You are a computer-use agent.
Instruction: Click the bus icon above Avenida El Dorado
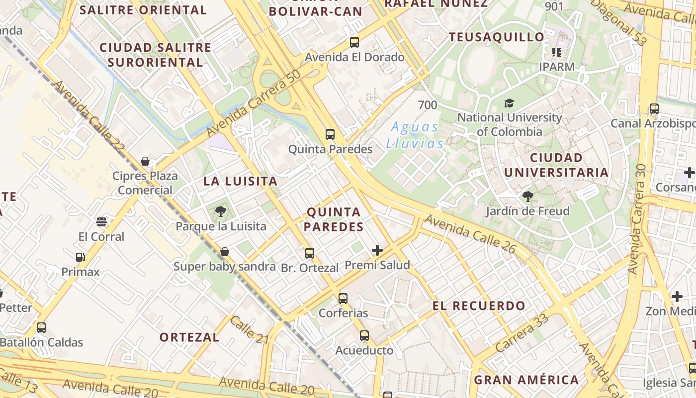(354, 42)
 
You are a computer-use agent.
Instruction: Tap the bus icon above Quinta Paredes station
(330, 134)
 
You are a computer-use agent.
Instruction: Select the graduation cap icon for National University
(509, 103)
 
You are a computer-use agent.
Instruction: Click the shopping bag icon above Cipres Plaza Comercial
(145, 161)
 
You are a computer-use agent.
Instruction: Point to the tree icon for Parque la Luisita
(221, 211)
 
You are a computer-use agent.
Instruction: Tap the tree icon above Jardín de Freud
(527, 197)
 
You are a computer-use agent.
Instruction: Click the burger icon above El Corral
(101, 222)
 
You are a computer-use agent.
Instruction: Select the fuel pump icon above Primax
(81, 257)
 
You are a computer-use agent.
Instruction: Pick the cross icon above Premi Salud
(377, 250)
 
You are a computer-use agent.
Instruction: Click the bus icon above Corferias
(343, 298)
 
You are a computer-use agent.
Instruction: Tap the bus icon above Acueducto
(364, 336)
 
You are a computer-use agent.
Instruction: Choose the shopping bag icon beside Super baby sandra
(225, 252)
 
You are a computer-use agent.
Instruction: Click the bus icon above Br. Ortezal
(310, 253)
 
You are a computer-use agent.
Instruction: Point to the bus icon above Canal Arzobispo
(654, 109)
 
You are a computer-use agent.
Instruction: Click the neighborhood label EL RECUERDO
(479, 306)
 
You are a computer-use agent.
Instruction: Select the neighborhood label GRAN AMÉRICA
(526, 380)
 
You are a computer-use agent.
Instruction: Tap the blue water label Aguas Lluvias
(415, 135)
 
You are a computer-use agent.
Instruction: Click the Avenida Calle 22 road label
(89, 116)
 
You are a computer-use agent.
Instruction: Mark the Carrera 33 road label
(522, 333)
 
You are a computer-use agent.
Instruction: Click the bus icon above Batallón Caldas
(41, 328)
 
